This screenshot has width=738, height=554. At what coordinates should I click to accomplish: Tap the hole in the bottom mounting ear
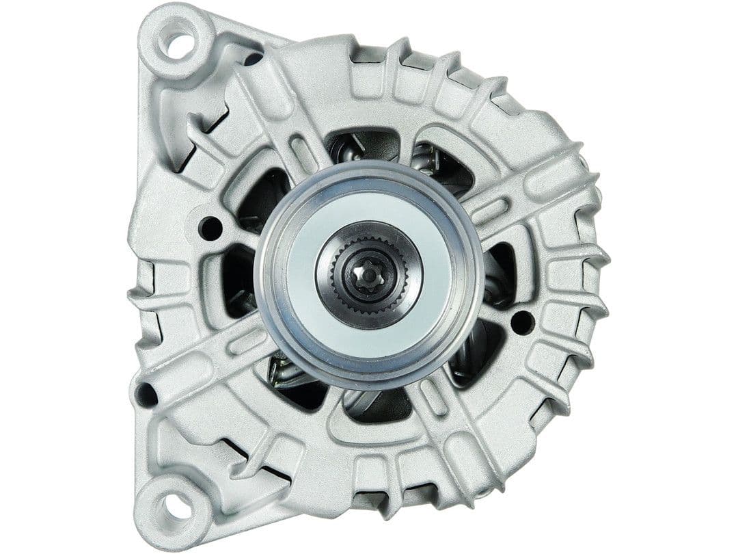click(x=173, y=507)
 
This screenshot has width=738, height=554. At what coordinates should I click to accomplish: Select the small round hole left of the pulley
click(x=210, y=228)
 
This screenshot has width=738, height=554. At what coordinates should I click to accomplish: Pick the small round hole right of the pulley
click(x=521, y=321)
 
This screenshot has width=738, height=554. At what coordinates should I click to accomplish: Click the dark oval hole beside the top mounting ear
click(x=252, y=60)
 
